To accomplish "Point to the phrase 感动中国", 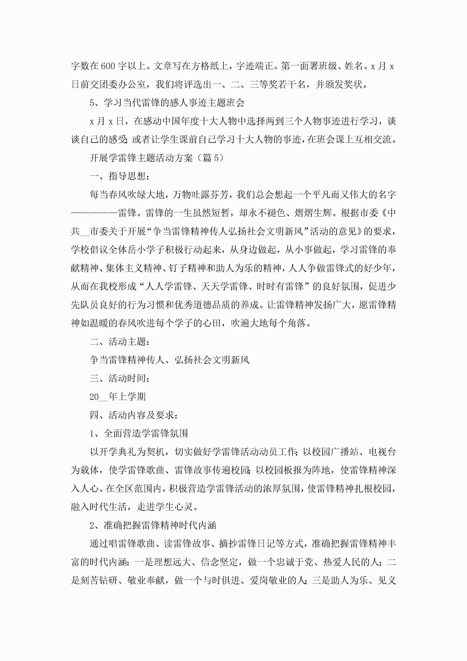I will click(162, 121).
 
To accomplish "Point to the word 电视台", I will click(382, 452).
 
